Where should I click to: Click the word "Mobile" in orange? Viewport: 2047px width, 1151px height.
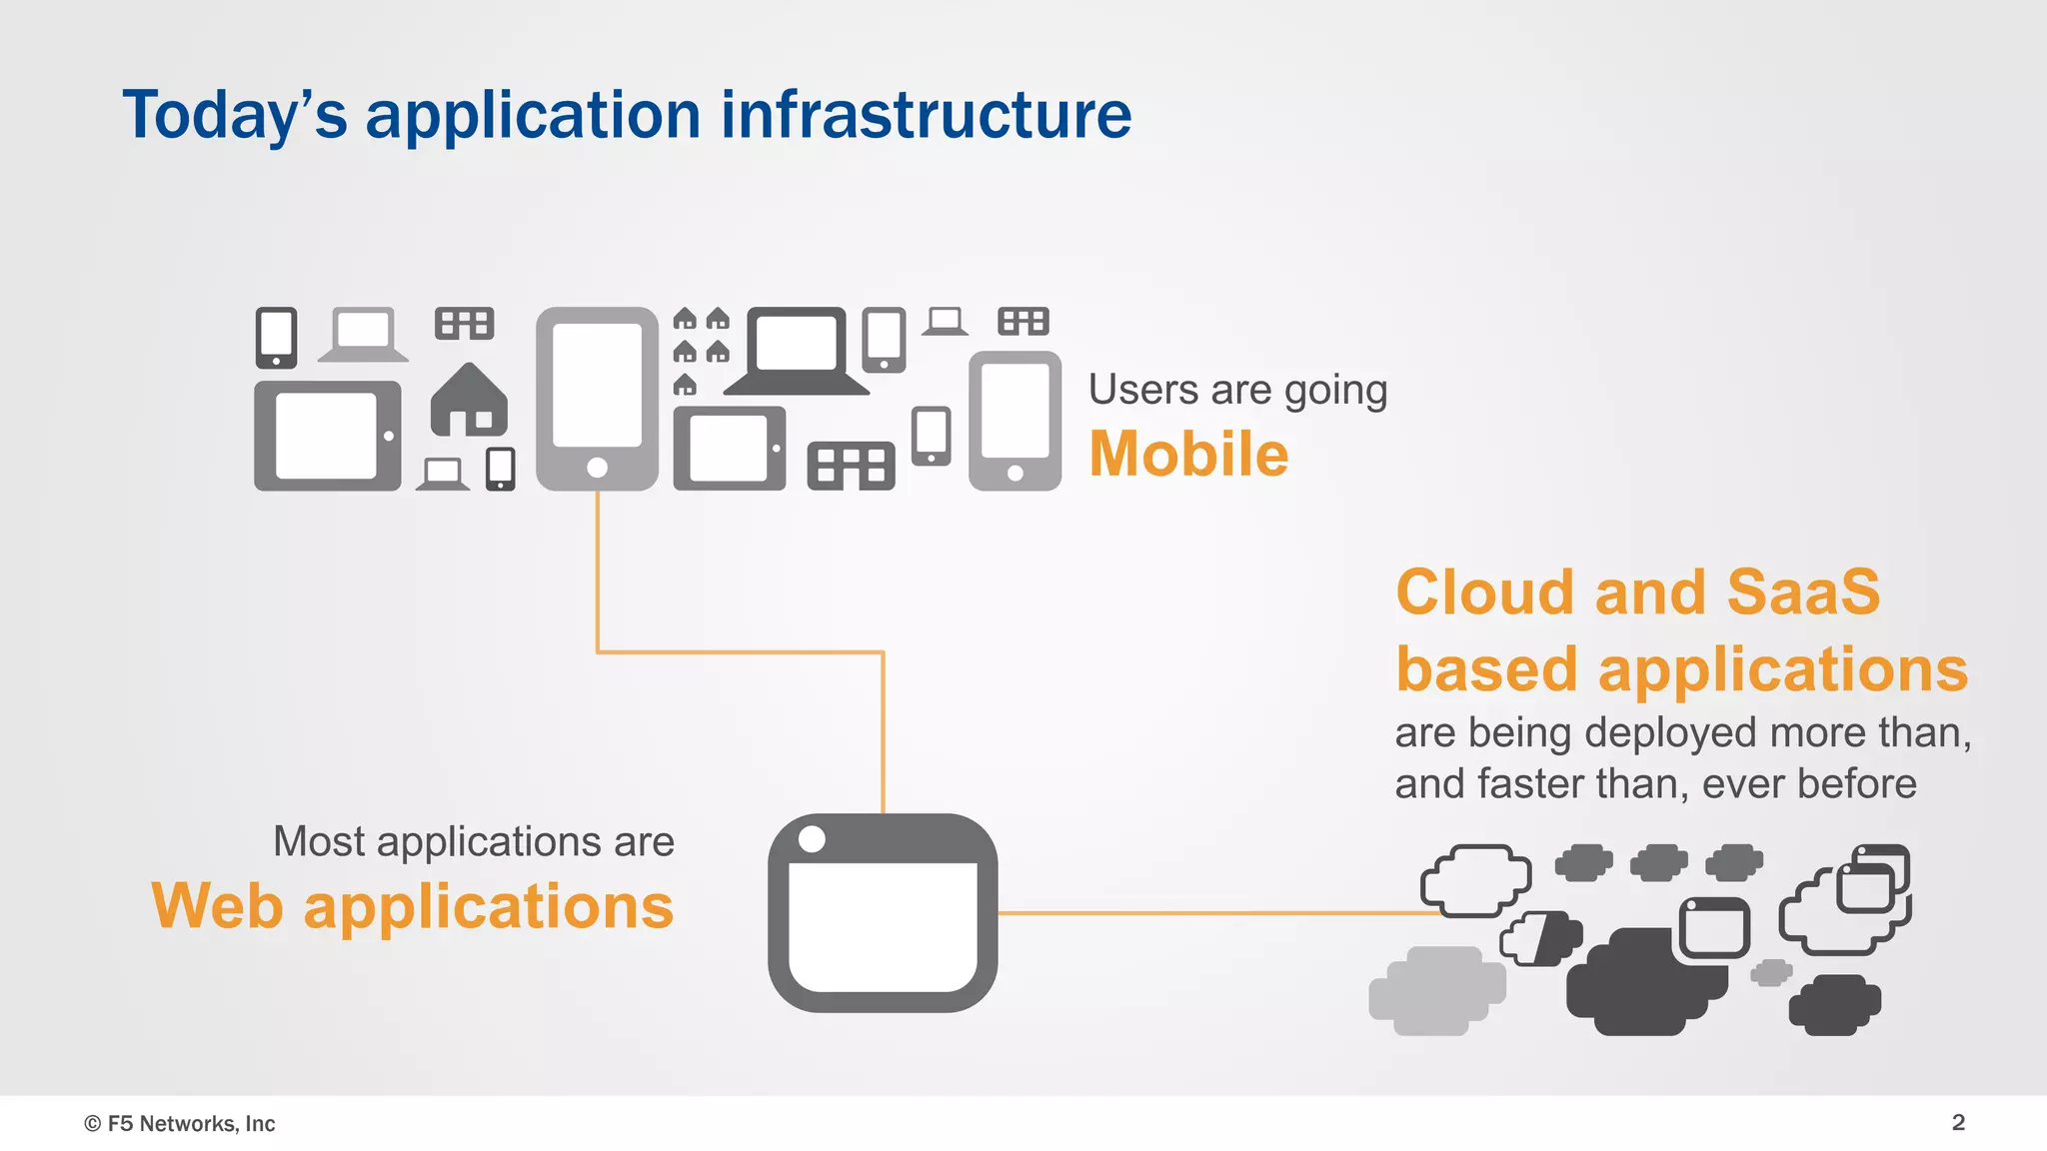point(1187,455)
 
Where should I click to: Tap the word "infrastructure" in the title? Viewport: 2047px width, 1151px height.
point(926,115)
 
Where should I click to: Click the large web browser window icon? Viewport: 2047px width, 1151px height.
point(883,913)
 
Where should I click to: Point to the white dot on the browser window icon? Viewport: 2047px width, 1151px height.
point(813,839)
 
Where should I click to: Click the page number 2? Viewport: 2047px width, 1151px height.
point(1958,1122)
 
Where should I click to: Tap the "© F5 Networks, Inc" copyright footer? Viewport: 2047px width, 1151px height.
point(180,1123)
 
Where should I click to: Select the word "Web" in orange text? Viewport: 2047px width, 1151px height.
point(217,906)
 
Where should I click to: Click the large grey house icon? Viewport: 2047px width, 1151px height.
point(469,402)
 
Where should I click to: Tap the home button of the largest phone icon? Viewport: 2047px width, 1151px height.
point(598,468)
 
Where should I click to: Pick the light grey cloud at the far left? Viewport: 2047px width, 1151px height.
point(1436,990)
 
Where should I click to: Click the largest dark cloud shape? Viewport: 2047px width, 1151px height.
point(1639,984)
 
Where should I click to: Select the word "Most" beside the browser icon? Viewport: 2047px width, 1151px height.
point(319,841)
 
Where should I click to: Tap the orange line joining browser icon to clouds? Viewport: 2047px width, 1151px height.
point(1199,912)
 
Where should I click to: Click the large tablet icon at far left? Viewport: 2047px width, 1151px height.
point(327,436)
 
